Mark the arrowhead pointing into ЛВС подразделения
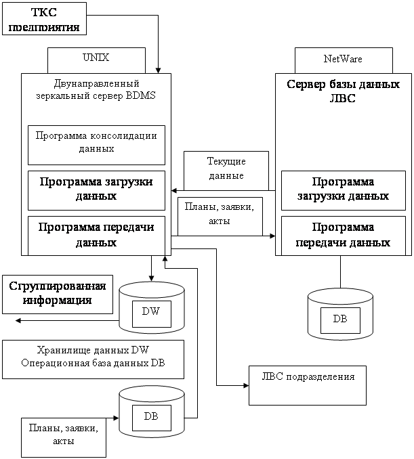pos(246,385)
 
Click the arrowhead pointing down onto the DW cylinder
pos(152,278)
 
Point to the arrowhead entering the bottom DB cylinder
pos(116,418)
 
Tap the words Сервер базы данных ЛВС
pos(343,91)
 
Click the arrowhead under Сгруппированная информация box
pos(18,320)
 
